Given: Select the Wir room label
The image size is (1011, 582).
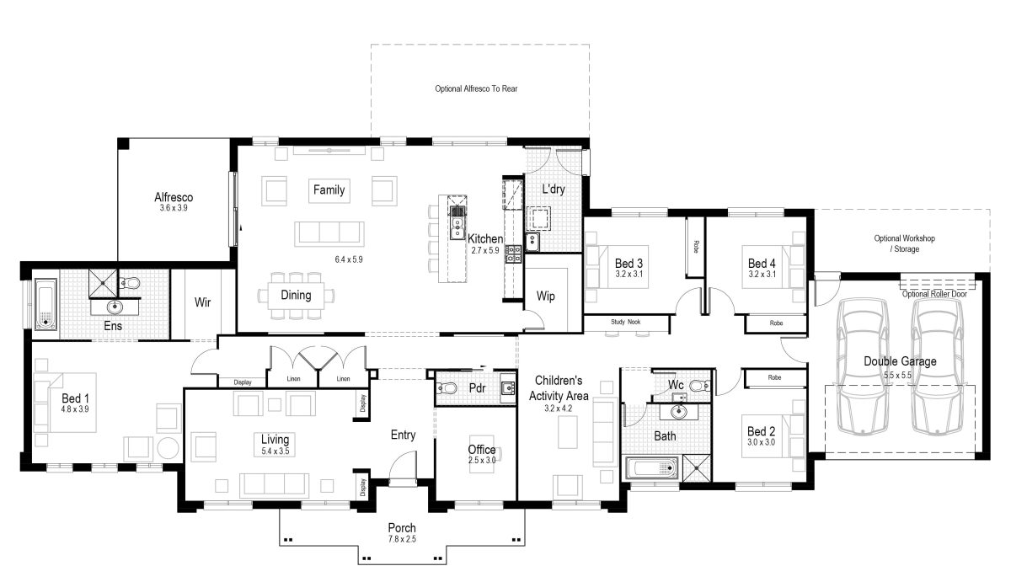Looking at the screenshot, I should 202,302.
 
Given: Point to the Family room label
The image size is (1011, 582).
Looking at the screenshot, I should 329,190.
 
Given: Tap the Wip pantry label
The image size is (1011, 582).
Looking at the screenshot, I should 545,297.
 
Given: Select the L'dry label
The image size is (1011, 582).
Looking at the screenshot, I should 553,190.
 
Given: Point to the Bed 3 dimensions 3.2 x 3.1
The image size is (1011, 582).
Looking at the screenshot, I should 629,274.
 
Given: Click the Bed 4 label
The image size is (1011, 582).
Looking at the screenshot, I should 762,263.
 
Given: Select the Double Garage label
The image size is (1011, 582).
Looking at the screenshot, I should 900,361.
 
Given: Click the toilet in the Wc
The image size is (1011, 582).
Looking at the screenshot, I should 696,386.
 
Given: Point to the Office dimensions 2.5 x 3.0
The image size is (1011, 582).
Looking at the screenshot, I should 482,461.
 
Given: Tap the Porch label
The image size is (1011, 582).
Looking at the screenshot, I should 402,528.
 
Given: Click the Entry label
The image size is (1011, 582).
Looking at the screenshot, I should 403,435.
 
